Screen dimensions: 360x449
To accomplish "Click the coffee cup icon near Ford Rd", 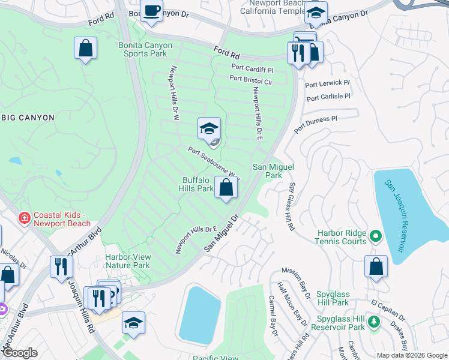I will point(151,11).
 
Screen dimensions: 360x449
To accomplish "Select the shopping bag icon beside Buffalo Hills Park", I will point(226,188).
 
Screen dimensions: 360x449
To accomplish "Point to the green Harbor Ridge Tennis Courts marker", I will point(376,236).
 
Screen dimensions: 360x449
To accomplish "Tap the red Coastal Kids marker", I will point(24,217).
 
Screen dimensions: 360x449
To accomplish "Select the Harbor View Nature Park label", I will point(127,261).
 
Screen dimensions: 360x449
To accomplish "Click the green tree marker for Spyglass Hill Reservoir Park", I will point(375,322).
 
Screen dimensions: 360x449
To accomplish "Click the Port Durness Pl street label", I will point(316,124).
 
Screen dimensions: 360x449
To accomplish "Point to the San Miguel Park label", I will point(267,171).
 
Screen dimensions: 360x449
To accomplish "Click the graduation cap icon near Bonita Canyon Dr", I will point(316,13).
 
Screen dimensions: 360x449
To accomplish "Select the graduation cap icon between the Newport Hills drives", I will point(209,128).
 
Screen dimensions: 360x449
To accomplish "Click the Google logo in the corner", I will point(19,353).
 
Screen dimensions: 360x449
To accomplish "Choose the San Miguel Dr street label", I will point(221,234).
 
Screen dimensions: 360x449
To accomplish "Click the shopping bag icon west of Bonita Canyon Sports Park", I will point(86,48).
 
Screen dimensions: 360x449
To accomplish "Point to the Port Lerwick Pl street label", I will point(328,83).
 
